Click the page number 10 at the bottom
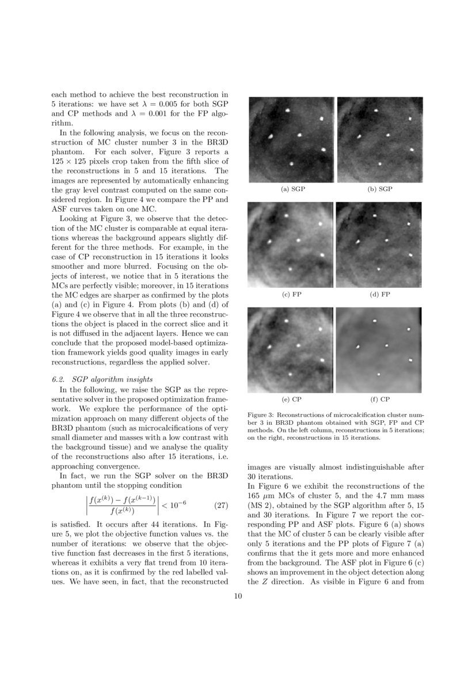pyautogui.click(x=238, y=596)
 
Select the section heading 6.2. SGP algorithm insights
pyautogui.click(x=102, y=379)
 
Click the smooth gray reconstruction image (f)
pyautogui.click(x=379, y=349)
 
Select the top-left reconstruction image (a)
pyautogui.click(x=291, y=139)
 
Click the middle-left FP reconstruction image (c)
pyautogui.click(x=290, y=244)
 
